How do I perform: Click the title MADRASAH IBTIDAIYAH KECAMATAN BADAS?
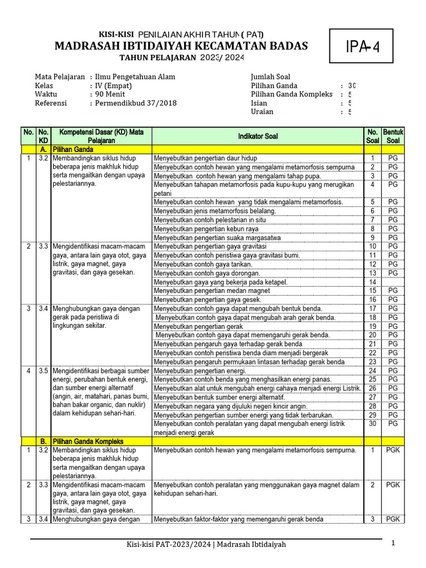(181, 45)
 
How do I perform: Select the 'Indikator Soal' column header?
(258, 136)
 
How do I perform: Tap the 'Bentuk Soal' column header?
(393, 136)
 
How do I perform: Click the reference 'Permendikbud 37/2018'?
(136, 103)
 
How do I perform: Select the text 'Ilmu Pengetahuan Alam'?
(135, 77)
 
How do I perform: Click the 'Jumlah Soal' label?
(271, 77)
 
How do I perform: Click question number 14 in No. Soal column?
(372, 282)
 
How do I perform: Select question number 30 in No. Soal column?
(372, 424)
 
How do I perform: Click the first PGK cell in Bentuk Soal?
(393, 450)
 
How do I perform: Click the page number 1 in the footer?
(393, 544)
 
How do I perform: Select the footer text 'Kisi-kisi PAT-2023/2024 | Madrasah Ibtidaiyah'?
(206, 545)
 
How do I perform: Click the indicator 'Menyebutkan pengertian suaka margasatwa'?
(217, 237)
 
